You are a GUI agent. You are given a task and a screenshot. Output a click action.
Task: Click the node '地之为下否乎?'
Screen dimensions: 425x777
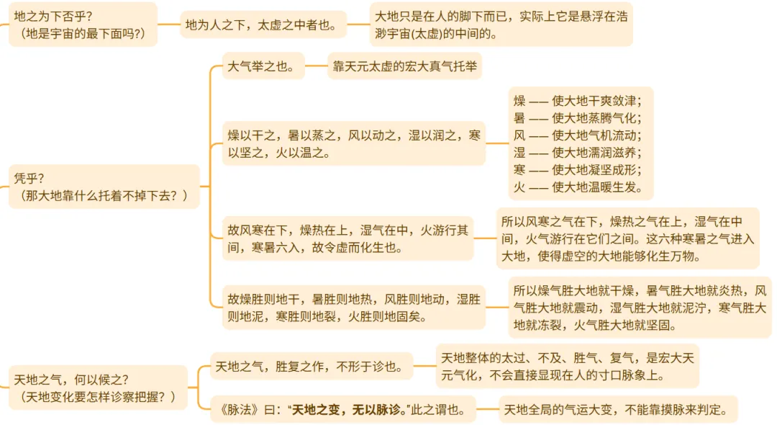pyautogui.click(x=83, y=24)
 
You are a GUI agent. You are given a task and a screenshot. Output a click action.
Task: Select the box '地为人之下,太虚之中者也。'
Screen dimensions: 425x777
pyautogui.click(x=262, y=24)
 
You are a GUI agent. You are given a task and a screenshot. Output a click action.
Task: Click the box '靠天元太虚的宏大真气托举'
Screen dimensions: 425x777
pyautogui.click(x=404, y=68)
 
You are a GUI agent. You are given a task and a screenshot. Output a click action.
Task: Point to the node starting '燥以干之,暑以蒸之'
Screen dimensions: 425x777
pyautogui.click(x=353, y=143)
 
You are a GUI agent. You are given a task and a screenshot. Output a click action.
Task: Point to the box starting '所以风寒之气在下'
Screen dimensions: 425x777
pyautogui.click(x=627, y=238)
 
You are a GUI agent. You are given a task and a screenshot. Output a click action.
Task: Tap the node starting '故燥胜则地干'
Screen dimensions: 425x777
pyautogui.click(x=353, y=308)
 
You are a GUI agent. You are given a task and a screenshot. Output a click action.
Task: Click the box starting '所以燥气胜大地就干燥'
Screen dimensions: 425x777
pyautogui.click(x=640, y=308)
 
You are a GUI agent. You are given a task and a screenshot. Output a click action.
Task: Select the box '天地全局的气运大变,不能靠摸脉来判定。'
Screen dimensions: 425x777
pyautogui.click(x=618, y=411)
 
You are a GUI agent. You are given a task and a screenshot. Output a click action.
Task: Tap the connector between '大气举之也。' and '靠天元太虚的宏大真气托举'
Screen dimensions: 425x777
pyautogui.click(x=316, y=68)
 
